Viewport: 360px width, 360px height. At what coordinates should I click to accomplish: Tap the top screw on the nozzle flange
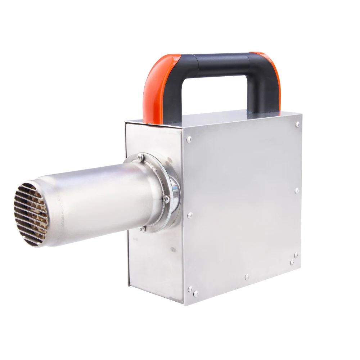140,157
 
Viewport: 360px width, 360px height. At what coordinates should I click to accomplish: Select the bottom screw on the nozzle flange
143,228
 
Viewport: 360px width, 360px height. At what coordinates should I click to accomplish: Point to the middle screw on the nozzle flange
166,198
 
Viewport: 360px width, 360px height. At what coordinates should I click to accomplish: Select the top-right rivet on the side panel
297,124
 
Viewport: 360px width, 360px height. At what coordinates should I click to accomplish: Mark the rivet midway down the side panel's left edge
190,215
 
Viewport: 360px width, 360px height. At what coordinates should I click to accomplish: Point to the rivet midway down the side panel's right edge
297,190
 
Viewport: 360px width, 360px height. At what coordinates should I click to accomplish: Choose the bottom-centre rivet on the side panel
247,277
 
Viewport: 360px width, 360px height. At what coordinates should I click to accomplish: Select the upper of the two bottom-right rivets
296,255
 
